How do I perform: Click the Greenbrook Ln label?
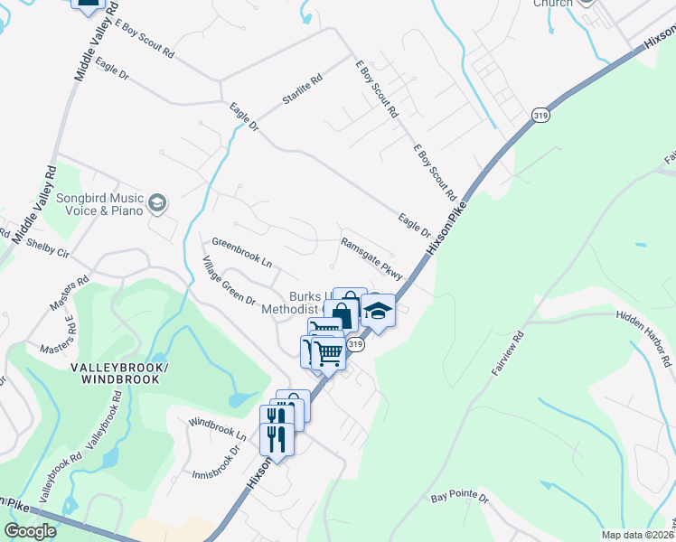(241, 253)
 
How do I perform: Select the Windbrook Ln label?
(217, 428)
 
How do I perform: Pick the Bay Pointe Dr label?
(459, 498)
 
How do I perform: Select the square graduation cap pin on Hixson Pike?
(379, 312)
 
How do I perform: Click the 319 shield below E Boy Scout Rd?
(540, 116)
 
